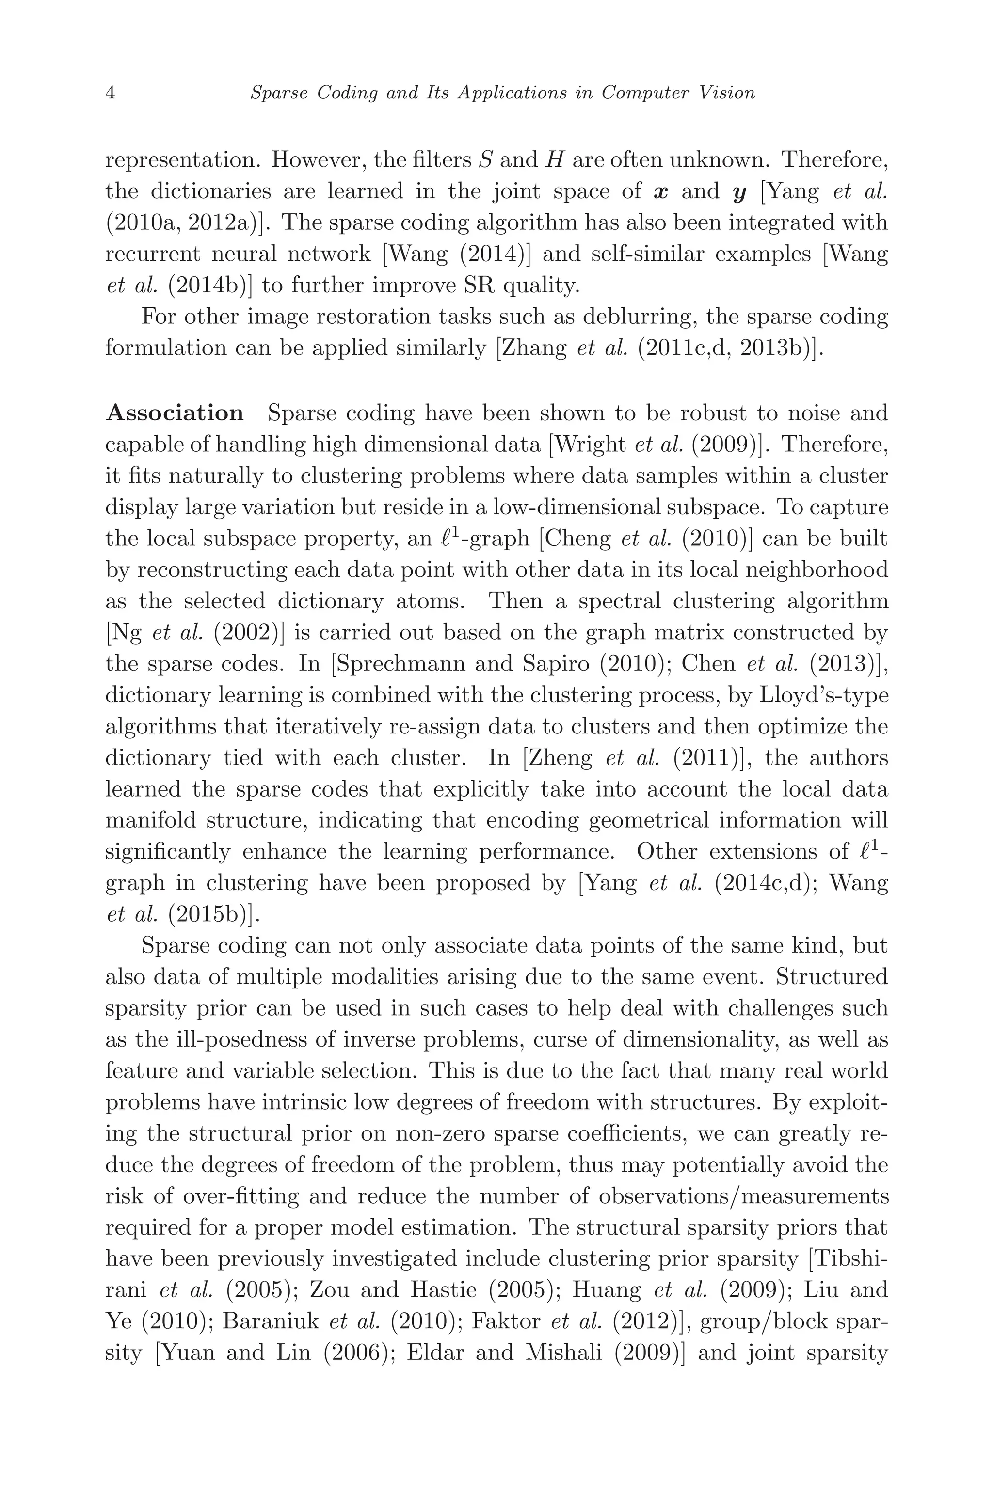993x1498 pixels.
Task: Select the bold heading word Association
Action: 175,414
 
